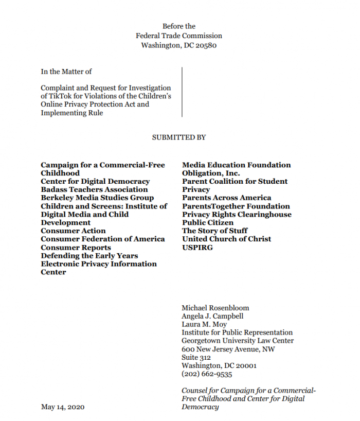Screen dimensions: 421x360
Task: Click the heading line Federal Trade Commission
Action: click(x=179, y=36)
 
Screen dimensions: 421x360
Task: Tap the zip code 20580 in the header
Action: click(x=206, y=45)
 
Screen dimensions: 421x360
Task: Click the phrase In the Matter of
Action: click(x=66, y=72)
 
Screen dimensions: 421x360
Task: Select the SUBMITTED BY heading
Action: click(x=179, y=137)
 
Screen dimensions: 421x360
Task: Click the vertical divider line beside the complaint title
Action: click(x=182, y=92)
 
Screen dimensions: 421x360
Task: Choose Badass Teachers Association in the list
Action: click(x=94, y=189)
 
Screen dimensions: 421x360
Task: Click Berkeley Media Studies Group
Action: click(x=97, y=198)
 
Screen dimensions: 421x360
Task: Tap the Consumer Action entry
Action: click(x=73, y=231)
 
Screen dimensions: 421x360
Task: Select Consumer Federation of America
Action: click(x=103, y=239)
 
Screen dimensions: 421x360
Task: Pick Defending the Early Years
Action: click(x=89, y=255)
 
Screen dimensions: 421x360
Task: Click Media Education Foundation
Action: click(x=236, y=165)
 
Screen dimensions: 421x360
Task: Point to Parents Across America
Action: click(x=226, y=198)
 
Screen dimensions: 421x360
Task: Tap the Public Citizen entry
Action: click(x=208, y=222)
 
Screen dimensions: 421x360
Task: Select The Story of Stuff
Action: click(x=214, y=231)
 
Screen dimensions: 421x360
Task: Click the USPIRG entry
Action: click(x=197, y=247)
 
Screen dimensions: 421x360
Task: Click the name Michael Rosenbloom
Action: click(x=215, y=308)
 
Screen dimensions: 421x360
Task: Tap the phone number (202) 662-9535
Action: click(x=207, y=374)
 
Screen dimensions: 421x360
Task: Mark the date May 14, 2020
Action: click(x=63, y=407)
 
